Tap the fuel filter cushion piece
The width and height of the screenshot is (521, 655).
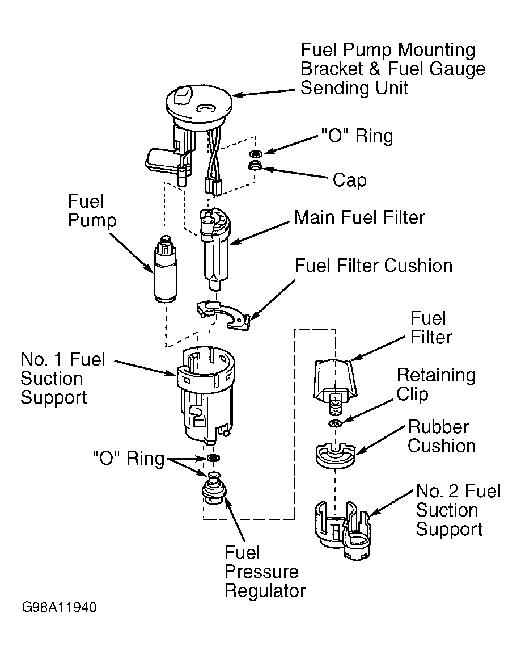click(x=224, y=314)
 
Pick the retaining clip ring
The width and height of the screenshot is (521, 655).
click(x=336, y=423)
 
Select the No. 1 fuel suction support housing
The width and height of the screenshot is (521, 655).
click(x=205, y=393)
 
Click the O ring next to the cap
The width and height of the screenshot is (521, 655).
click(x=255, y=153)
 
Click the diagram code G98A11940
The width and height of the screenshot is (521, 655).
click(x=59, y=607)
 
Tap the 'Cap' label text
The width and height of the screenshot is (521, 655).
click(x=350, y=180)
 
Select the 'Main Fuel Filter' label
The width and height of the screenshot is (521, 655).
click(x=359, y=217)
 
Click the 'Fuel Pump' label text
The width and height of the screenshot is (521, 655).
click(x=92, y=211)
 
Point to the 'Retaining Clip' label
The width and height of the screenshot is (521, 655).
click(x=436, y=384)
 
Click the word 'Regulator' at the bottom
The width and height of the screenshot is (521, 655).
click(x=265, y=591)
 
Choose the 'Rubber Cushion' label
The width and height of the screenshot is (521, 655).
click(x=442, y=436)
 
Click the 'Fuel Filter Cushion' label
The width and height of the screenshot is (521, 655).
click(x=374, y=266)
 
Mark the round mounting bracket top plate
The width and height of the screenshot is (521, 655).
click(x=198, y=104)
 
